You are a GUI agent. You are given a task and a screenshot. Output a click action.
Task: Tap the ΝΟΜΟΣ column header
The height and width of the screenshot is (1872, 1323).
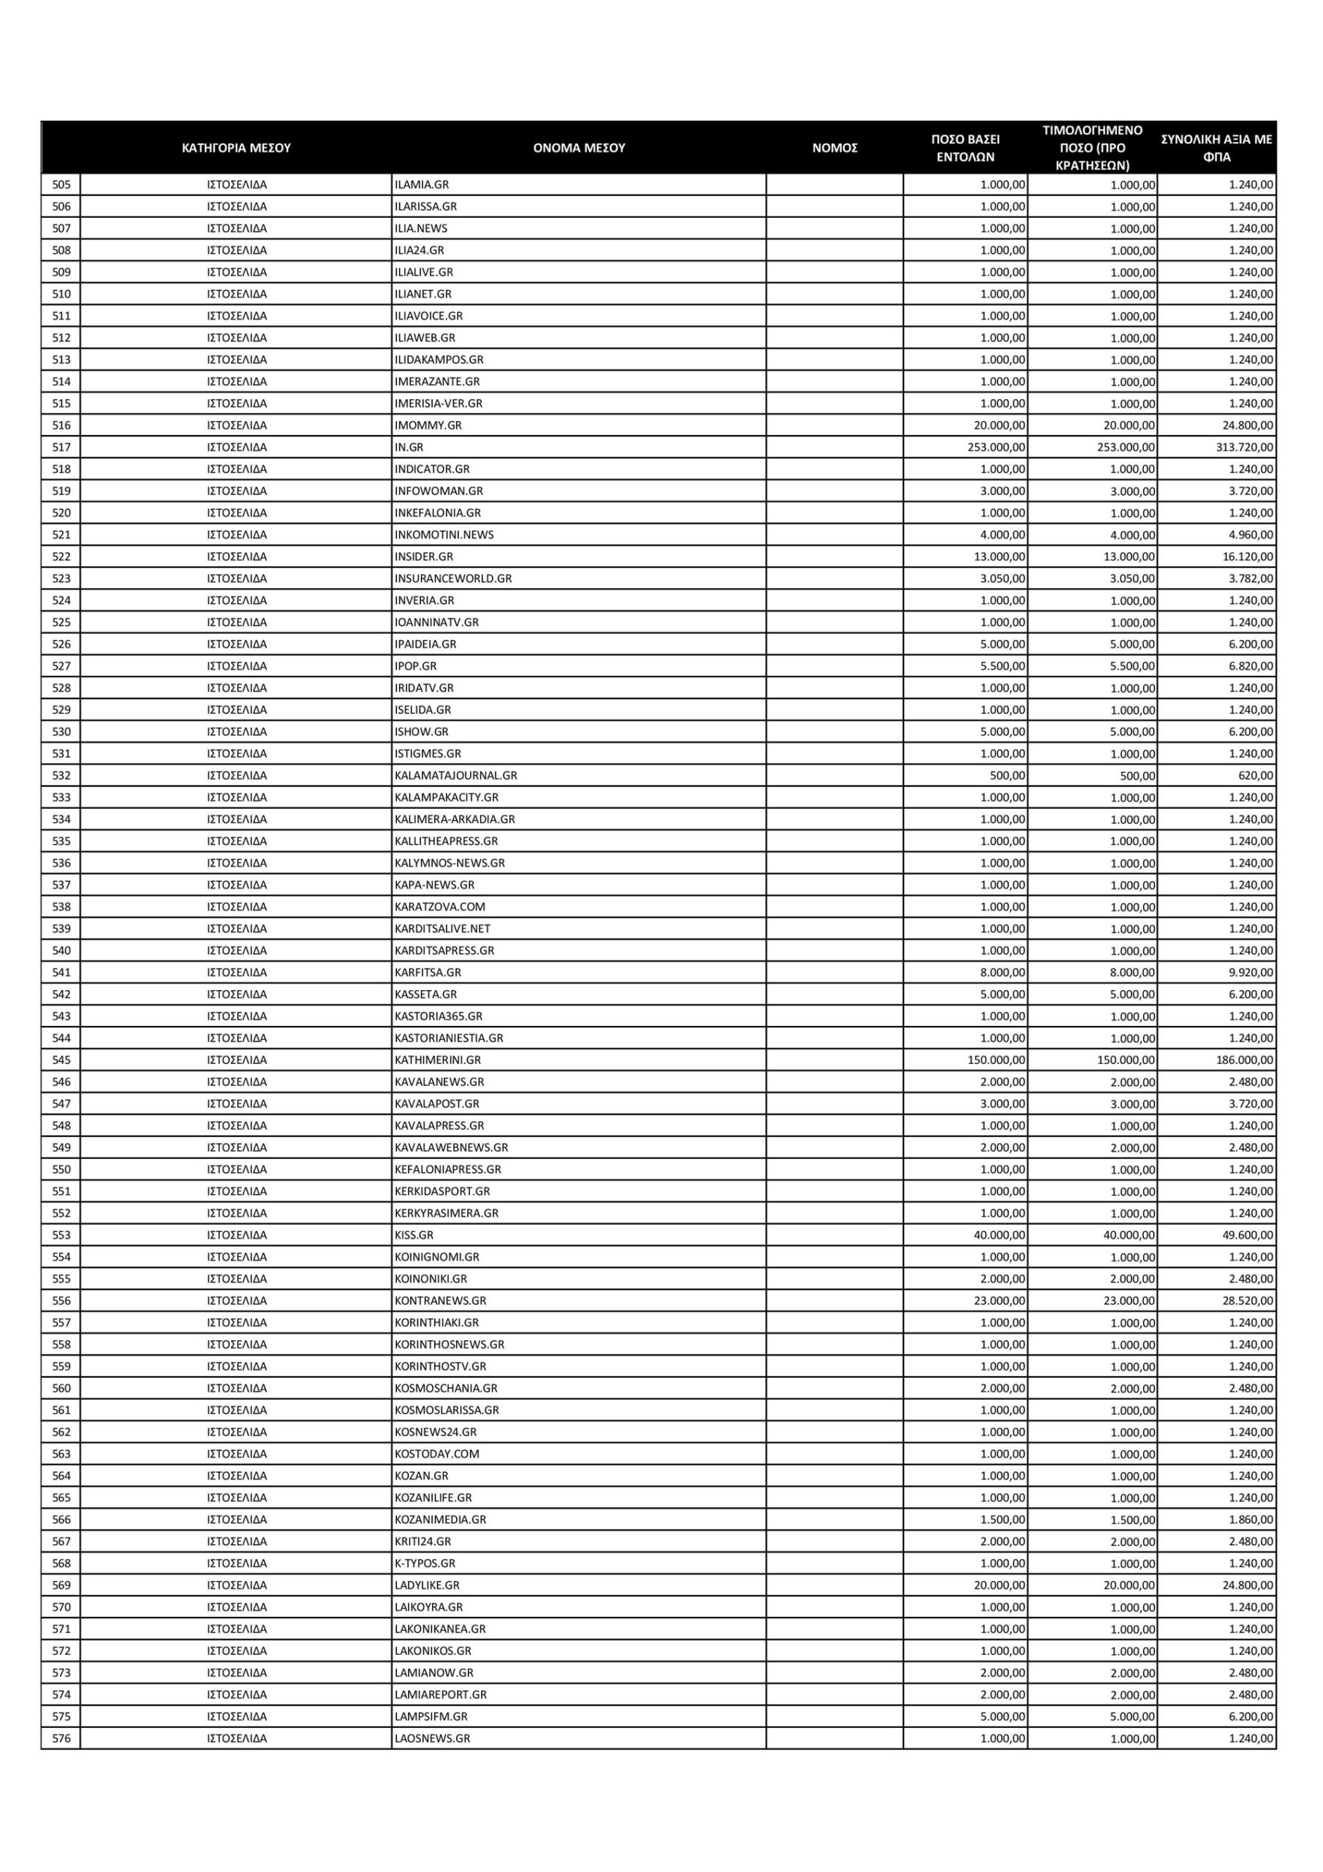pos(834,148)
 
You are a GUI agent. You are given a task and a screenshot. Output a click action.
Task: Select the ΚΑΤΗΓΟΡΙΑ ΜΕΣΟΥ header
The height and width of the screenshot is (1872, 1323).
pos(236,148)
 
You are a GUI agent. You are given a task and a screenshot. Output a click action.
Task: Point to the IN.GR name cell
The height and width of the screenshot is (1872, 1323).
pos(409,447)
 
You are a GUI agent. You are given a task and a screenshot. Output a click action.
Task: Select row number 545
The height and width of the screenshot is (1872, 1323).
pos(61,1060)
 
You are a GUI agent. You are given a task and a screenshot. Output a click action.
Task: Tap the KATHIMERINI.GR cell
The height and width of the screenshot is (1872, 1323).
pos(438,1060)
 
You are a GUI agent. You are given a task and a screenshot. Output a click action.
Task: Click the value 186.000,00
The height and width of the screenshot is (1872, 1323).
pos(1244,1060)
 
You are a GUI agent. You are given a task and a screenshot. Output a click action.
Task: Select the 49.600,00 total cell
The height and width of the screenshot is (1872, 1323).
pos(1247,1235)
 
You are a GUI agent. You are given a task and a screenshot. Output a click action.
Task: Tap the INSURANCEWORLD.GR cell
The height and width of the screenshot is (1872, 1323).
pos(453,578)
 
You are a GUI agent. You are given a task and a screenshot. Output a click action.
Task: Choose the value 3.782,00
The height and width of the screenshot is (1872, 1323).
pos(1251,578)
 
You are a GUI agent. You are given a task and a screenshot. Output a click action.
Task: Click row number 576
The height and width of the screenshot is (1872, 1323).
pos(61,1738)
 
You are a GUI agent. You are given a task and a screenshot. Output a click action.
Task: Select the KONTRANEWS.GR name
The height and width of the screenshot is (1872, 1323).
pos(440,1300)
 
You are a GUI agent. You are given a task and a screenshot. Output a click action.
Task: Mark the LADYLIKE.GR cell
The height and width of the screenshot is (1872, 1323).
pos(427,1585)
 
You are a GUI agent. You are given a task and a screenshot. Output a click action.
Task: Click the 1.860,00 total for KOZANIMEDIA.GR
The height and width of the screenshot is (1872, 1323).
pos(1251,1520)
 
